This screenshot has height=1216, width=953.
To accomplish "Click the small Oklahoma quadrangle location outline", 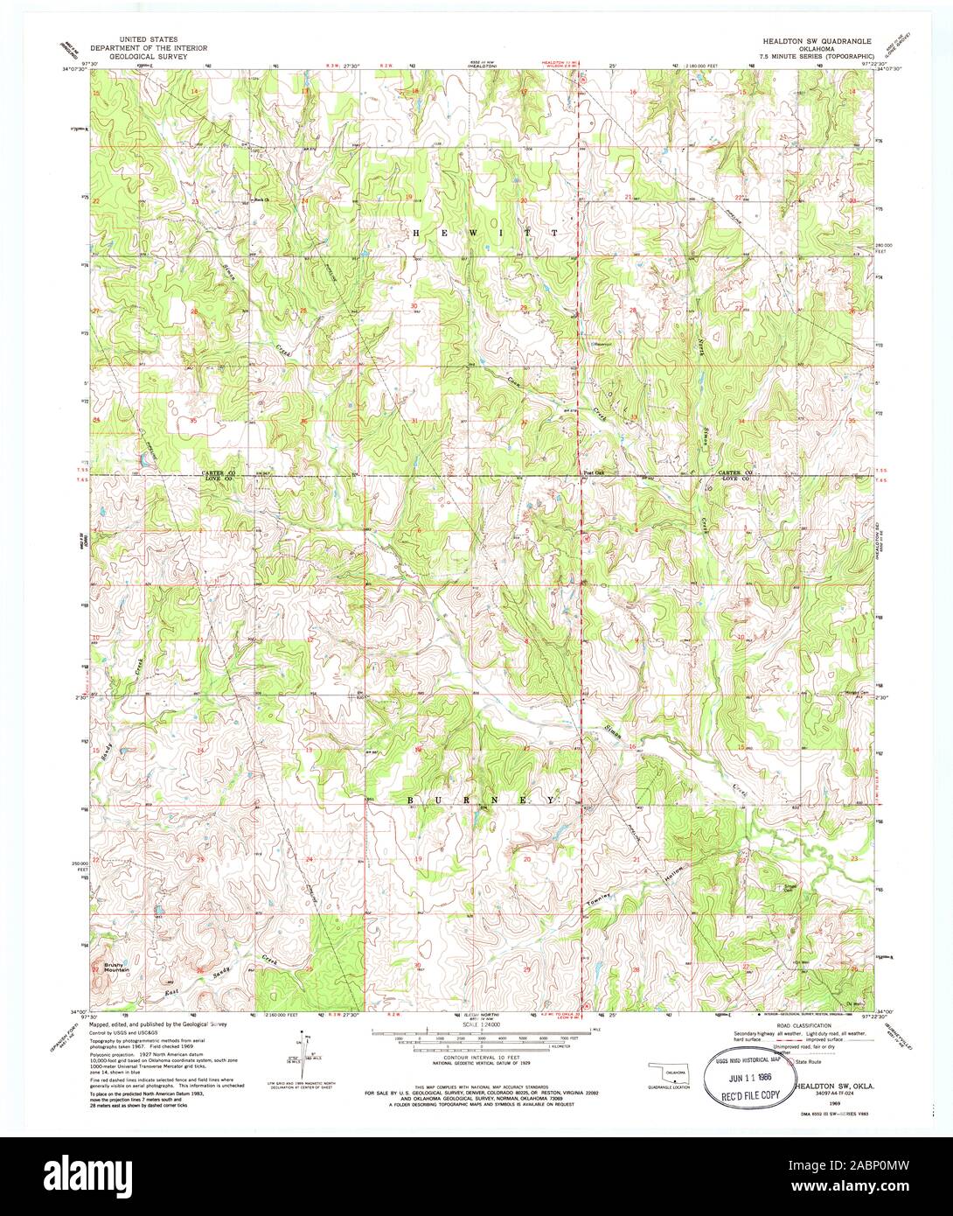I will tap(664, 1072).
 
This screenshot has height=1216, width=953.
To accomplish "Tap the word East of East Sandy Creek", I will tap(178, 993).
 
